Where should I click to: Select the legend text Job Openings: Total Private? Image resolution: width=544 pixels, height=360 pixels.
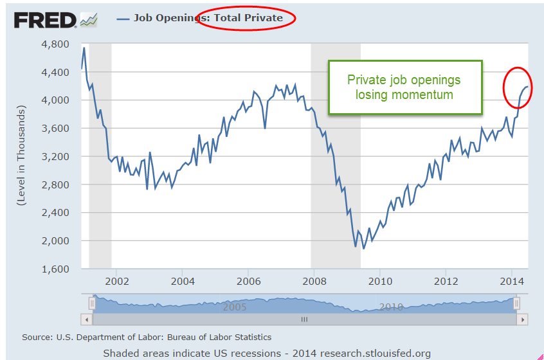click(x=208, y=18)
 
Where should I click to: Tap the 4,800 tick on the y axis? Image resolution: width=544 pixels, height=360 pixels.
click(x=55, y=44)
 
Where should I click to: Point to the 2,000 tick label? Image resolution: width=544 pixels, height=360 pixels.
click(x=55, y=240)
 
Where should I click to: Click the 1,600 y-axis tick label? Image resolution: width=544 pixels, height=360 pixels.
click(x=55, y=269)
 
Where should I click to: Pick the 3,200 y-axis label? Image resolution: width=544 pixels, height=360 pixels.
click(x=55, y=156)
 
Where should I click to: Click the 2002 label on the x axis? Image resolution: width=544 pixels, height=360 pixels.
click(x=117, y=281)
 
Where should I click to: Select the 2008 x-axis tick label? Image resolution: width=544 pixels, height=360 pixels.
click(x=314, y=281)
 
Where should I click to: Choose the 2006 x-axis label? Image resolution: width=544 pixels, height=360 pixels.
click(x=248, y=281)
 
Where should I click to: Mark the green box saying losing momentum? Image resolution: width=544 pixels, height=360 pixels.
click(x=404, y=87)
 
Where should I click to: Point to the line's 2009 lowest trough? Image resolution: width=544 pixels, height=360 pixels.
click(x=363, y=248)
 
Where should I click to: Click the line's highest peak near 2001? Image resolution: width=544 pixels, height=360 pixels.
click(x=84, y=48)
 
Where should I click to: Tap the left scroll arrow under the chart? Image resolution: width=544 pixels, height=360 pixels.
click(x=86, y=319)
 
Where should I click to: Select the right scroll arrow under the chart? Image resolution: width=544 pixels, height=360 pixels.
click(x=523, y=319)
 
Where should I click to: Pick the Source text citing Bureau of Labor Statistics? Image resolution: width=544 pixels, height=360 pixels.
click(x=147, y=337)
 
